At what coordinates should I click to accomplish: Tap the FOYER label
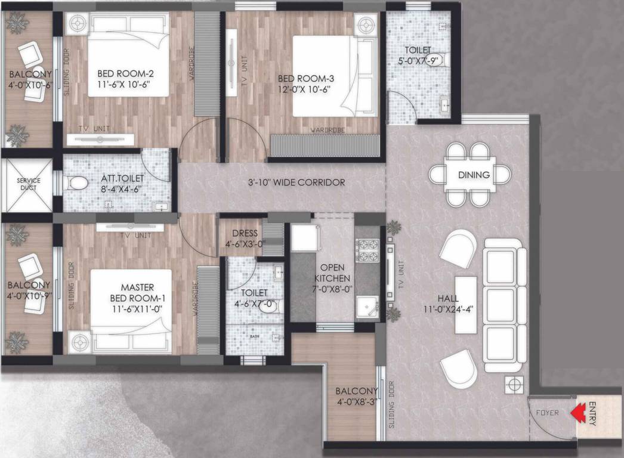point(546,412)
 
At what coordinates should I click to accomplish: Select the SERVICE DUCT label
point(28,184)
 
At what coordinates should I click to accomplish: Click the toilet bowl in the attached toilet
point(77,183)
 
